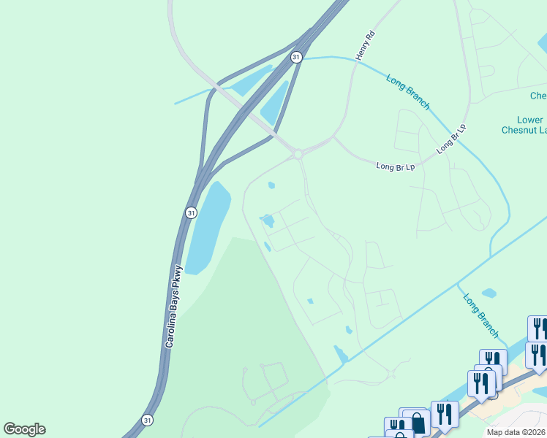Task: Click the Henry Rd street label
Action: (x=365, y=45)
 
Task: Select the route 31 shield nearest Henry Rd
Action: (x=295, y=56)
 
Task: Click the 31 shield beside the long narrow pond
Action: (x=191, y=212)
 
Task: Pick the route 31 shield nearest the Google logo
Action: (x=148, y=420)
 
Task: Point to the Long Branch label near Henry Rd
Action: (x=407, y=93)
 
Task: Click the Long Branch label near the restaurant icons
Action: (x=481, y=315)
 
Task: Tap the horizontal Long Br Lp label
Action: (x=396, y=166)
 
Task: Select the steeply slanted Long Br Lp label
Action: (x=451, y=138)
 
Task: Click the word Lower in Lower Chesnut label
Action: (x=529, y=120)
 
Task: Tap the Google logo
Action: (x=24, y=429)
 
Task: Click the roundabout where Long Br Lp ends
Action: (x=298, y=153)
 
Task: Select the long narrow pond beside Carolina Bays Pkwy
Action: (x=206, y=226)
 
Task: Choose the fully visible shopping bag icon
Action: (x=416, y=423)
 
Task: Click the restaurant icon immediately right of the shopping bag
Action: (x=445, y=413)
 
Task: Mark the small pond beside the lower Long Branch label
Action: (x=488, y=293)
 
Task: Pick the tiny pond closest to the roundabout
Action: (x=271, y=185)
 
